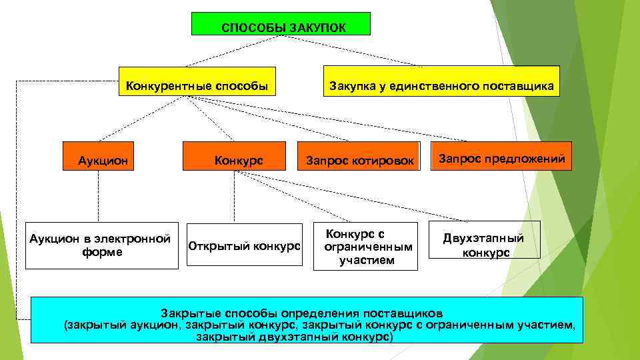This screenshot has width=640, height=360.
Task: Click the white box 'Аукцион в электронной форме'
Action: click(102, 245)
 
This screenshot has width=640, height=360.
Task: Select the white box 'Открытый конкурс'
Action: click(245, 245)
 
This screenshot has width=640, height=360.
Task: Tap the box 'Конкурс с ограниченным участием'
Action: click(365, 246)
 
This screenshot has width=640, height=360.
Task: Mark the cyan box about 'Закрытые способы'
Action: click(307, 320)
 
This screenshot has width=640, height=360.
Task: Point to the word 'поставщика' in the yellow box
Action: click(525, 86)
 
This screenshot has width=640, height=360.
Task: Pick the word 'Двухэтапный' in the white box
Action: click(484, 238)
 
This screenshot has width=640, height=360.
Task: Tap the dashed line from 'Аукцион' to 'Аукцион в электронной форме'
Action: click(98, 197)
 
